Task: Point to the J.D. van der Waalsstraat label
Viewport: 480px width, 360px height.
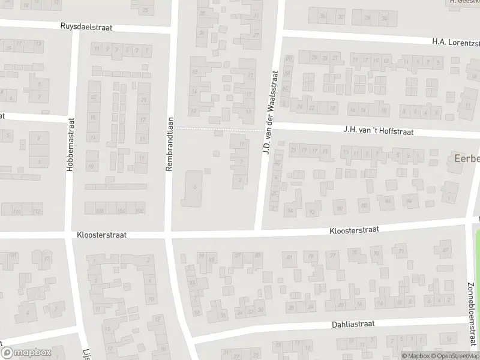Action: tap(269, 112)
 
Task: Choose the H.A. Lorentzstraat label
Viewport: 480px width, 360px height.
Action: tap(456, 42)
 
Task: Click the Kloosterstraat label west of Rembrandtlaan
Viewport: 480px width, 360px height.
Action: tap(101, 236)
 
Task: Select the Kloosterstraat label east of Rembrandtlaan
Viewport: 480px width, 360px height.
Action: tap(354, 230)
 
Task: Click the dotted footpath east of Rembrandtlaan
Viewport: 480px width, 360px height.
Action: tap(219, 128)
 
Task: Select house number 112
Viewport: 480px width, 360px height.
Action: tap(37, 211)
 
